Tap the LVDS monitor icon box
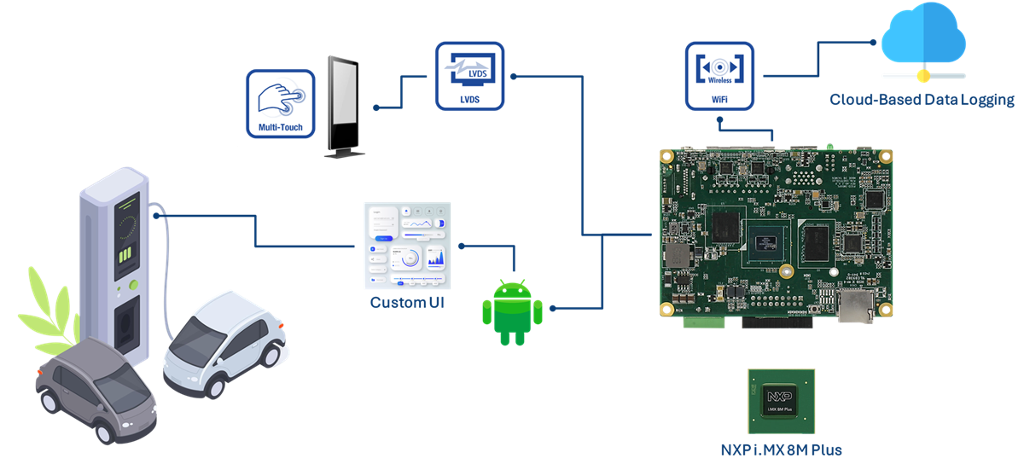(469, 76)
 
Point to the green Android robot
(512, 311)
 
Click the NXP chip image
(781, 403)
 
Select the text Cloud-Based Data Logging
(922, 100)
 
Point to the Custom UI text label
(406, 303)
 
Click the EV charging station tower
(115, 256)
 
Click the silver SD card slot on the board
(855, 306)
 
